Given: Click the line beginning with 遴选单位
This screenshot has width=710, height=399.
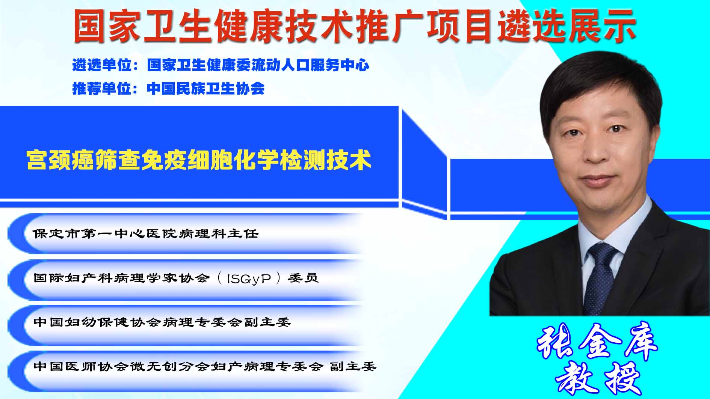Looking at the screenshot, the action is click(221, 65).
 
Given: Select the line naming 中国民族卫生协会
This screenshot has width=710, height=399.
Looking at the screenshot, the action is click(168, 89).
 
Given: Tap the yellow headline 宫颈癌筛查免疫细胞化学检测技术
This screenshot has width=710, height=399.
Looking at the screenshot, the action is click(199, 160).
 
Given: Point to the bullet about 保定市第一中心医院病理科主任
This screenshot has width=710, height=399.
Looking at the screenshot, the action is click(146, 234).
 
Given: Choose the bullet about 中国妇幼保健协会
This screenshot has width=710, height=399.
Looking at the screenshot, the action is click(162, 322).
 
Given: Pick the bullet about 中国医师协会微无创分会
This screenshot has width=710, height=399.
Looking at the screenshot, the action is click(205, 366).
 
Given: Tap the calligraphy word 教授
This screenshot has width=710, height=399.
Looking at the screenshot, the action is click(598, 377).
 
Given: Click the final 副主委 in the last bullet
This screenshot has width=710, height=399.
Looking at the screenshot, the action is click(353, 366).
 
